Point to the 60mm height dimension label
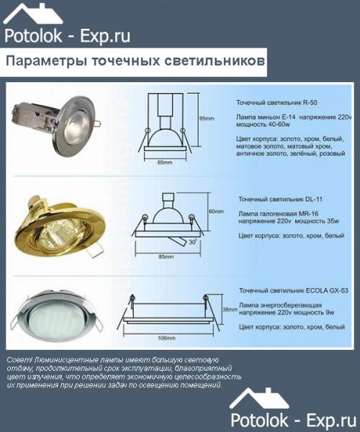(215, 211)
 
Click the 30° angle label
(192, 242)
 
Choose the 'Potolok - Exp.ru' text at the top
(67, 36)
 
